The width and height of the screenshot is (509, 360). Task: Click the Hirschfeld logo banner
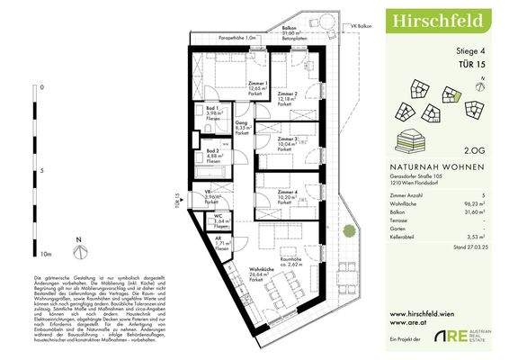441,19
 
